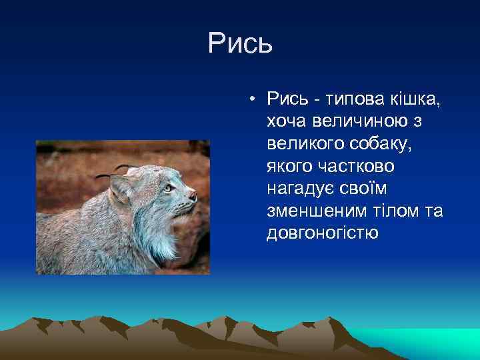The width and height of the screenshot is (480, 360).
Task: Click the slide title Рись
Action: point(240,44)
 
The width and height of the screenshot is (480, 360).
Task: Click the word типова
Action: point(353,100)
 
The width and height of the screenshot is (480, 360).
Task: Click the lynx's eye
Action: point(167,188)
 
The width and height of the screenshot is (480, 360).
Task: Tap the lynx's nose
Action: point(193,195)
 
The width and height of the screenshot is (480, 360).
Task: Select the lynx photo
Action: point(123,207)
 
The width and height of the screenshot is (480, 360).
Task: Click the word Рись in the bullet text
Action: point(285,100)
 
